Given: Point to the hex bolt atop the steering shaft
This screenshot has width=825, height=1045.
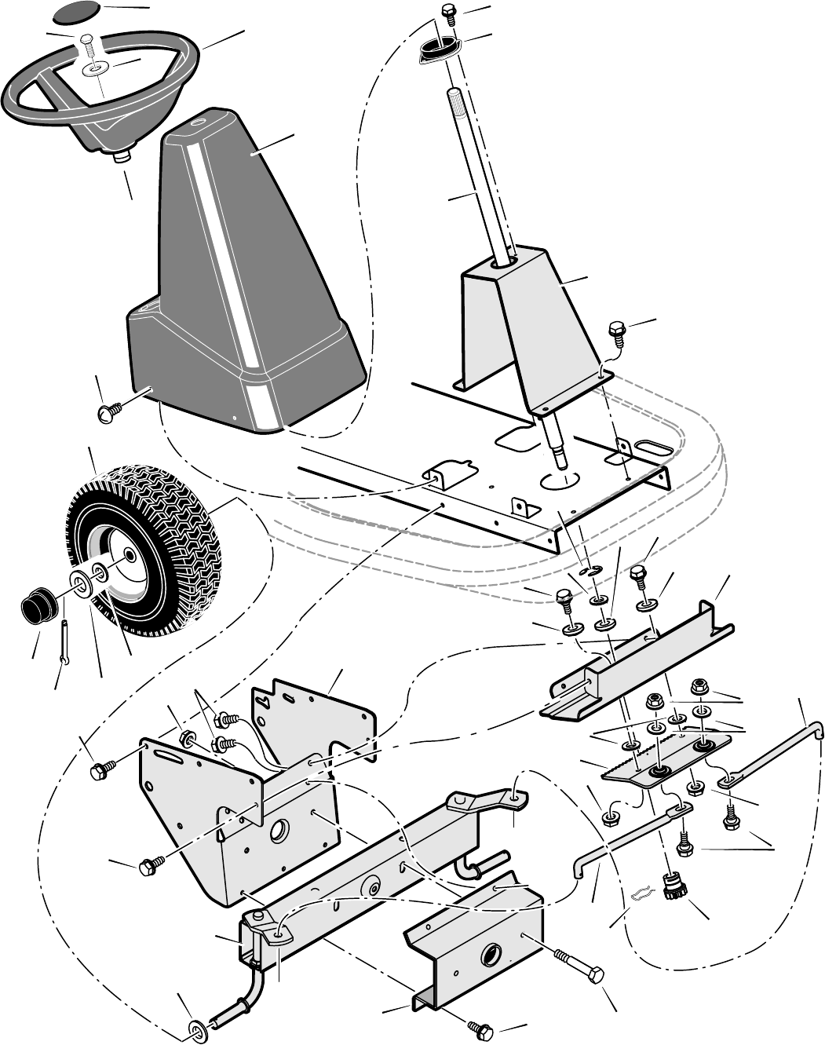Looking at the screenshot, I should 449,12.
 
